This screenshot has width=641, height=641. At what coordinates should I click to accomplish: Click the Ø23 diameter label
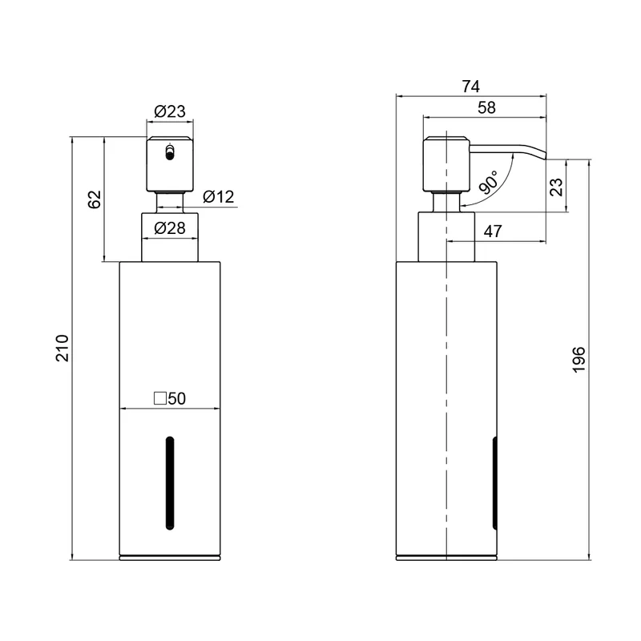(x=170, y=111)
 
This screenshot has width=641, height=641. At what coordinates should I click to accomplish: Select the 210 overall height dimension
(x=62, y=348)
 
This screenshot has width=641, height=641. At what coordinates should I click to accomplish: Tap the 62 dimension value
(x=95, y=200)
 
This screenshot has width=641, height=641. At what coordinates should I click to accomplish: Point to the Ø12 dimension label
(x=218, y=196)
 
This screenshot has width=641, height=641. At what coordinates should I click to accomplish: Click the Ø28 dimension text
(x=170, y=228)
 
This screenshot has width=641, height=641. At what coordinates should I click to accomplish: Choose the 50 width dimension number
(x=176, y=398)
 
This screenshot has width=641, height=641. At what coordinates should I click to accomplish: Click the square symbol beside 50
(x=159, y=398)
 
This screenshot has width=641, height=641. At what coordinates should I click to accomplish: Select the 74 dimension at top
(x=470, y=87)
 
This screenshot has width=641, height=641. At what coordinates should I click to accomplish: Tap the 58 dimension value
(x=486, y=108)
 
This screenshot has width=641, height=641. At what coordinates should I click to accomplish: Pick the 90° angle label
(x=489, y=183)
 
